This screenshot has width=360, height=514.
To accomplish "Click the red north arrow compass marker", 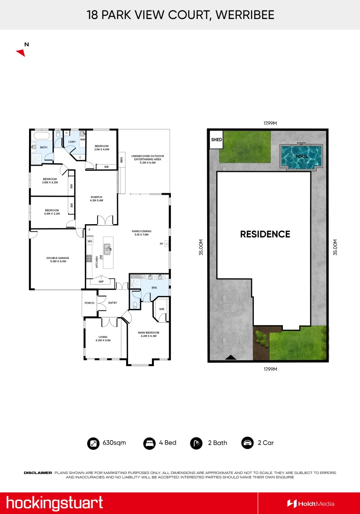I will tap(20, 52).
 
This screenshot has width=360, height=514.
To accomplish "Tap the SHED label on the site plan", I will tap(216, 140).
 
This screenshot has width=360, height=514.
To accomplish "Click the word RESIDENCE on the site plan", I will tap(265, 234).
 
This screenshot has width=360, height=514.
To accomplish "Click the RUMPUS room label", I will tap(96, 198).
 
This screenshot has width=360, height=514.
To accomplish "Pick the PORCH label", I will tap(89, 303).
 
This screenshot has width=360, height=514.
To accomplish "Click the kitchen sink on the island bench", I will tap(108, 248).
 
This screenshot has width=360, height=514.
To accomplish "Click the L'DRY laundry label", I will tap(72, 142).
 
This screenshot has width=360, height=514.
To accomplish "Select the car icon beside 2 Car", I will tap(247, 443).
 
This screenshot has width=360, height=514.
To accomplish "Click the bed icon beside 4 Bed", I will tap(150, 443).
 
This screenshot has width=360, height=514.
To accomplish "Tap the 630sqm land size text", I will tap(114, 443).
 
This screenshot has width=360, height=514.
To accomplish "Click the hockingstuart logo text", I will tap(54, 503).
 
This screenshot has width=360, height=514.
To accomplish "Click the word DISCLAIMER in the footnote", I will tap(38, 473).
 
